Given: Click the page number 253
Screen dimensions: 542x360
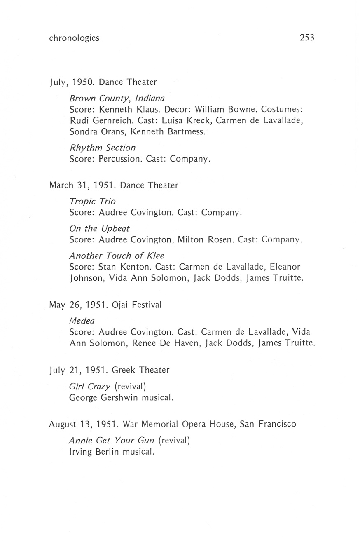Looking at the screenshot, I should point(306,38).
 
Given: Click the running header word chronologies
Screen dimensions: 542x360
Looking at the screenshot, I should point(74,38).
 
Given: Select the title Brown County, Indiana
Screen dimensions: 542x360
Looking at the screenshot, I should point(117,99).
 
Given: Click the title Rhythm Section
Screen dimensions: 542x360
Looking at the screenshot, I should point(103,148).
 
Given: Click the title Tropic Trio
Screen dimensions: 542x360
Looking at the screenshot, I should point(93,202).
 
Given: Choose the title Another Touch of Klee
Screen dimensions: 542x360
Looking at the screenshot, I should point(117,256).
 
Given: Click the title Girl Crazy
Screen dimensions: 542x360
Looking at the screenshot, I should point(90,387).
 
